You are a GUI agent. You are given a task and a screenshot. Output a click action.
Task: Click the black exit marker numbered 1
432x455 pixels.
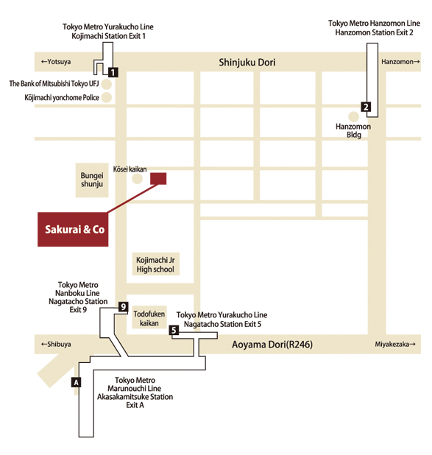pos(113,72)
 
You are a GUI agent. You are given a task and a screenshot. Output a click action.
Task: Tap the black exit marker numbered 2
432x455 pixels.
pos(367,107)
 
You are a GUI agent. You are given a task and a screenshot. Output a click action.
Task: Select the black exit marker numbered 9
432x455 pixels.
pos(124,307)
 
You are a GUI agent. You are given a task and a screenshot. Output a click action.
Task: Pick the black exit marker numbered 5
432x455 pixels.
pos(174,331)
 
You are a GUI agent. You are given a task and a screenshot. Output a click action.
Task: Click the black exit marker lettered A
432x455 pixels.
pos(76,382)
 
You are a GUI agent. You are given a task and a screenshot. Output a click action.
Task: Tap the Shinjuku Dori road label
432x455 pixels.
pos(247,63)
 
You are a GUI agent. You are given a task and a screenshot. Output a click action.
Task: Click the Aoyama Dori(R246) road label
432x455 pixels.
pos(272,345)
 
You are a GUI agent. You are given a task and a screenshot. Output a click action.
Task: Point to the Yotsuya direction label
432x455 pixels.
pos(56,62)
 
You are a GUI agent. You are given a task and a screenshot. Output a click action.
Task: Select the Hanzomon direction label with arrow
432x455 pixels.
pos(400,62)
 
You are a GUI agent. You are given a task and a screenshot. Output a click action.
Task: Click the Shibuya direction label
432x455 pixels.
pos(56,344)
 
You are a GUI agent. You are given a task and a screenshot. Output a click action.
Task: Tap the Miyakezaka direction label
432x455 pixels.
pos(395,344)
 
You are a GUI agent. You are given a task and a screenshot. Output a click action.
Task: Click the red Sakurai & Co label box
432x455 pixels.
pos(73,229)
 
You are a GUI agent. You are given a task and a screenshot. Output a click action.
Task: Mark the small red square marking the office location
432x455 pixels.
pos(158,178)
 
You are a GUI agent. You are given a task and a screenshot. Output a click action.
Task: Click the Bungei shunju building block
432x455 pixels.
pos(92,180)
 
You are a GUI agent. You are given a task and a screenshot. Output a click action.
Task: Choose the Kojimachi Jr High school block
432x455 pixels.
pos(155,264)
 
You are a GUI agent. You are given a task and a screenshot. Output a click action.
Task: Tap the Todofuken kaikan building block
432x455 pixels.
pos(149,317)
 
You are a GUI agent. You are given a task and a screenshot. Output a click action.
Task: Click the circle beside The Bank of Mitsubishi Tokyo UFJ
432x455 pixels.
pos(107,84)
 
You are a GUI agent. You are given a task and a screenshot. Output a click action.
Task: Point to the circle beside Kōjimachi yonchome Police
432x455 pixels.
pos(107,97)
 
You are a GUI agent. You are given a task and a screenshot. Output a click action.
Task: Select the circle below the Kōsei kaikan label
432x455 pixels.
pos(137,179)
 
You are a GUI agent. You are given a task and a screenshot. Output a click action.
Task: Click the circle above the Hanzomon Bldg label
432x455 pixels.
pos(353,116)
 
